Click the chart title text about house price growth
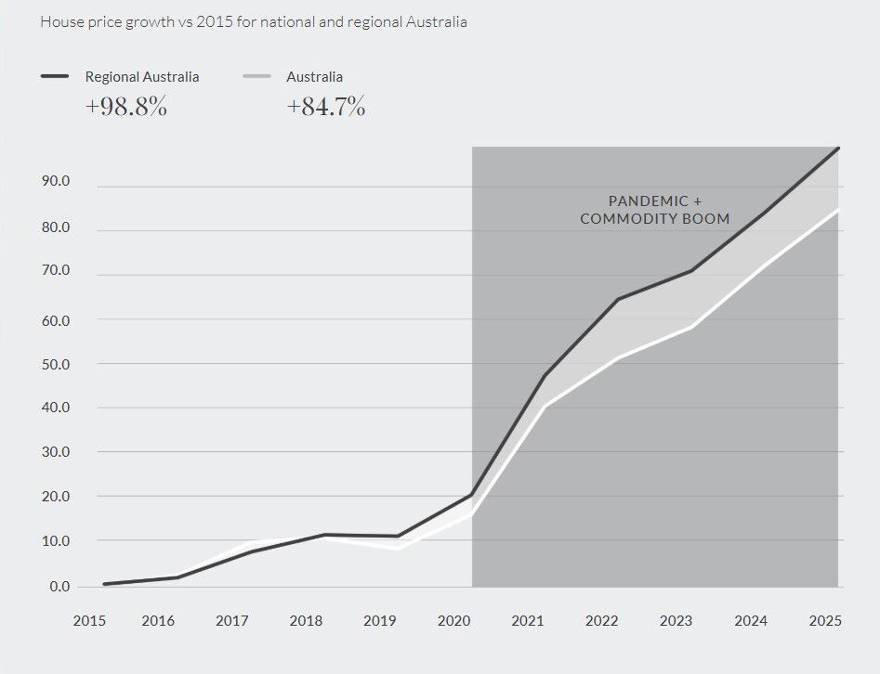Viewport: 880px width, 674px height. [253, 20]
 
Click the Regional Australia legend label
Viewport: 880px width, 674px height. [141, 77]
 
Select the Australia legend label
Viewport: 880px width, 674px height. [314, 77]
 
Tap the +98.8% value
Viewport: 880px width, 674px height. [125, 107]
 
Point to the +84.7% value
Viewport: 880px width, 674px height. [325, 107]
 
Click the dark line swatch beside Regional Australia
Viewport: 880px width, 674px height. [55, 77]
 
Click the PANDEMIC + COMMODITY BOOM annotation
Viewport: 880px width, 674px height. [654, 210]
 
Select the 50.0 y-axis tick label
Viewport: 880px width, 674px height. [56, 364]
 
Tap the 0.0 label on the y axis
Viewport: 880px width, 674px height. [59, 587]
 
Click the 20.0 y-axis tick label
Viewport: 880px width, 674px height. [56, 497]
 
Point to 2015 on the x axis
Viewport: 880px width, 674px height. [89, 621]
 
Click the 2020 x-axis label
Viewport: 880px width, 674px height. [453, 621]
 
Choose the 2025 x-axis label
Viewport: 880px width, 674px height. [824, 621]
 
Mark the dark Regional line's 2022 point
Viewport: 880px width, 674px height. [618, 299]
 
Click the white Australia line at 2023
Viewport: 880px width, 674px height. [691, 327]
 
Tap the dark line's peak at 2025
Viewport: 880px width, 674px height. [837, 149]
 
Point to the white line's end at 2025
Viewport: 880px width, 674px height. [837, 211]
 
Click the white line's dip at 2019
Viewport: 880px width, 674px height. [398, 548]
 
